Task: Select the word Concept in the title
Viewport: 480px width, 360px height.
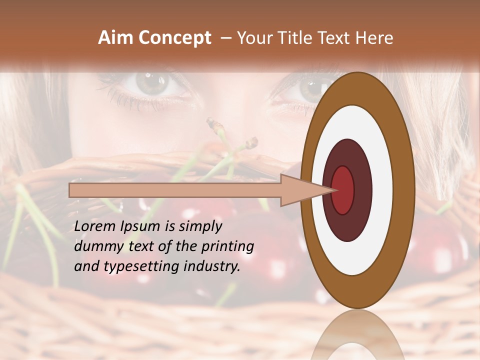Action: [x=175, y=38]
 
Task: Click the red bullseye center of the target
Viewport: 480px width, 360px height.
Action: [x=343, y=190]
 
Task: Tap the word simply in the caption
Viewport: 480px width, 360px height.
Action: [x=200, y=227]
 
